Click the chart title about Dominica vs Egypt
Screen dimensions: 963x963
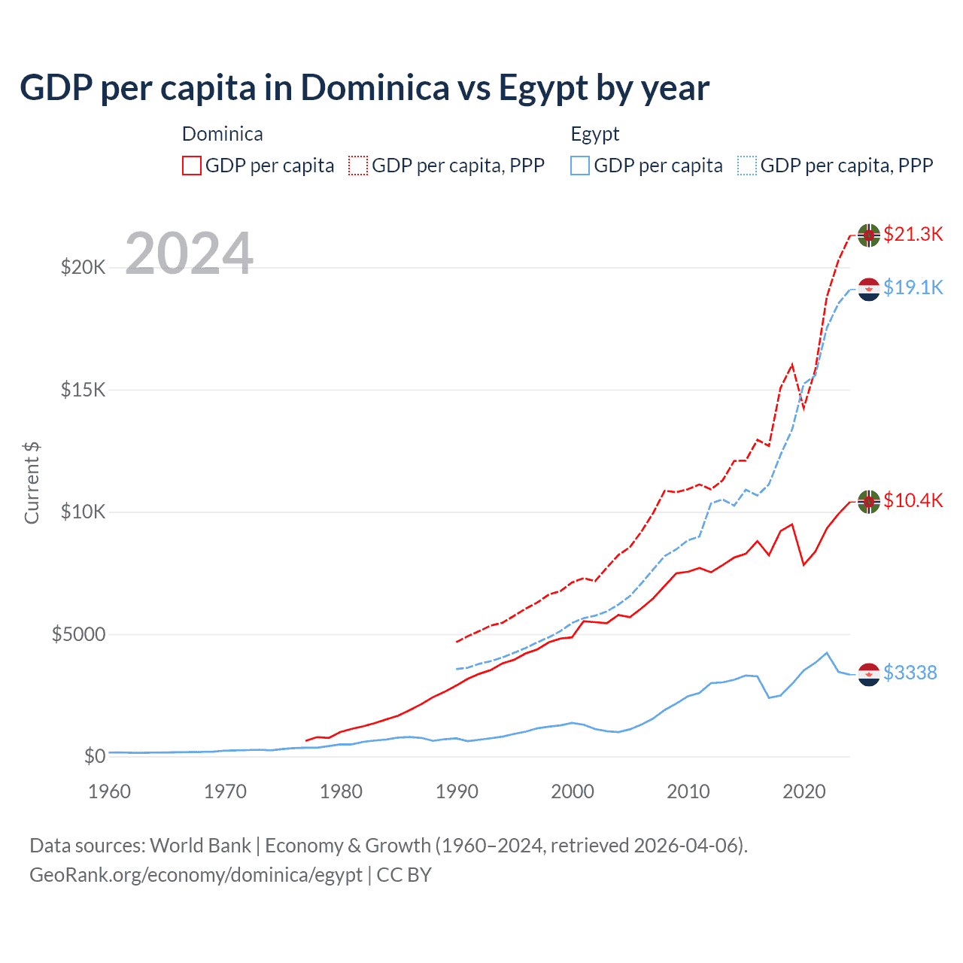tap(364, 88)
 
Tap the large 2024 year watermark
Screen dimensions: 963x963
tap(189, 254)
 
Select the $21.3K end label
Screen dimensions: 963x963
tap(913, 234)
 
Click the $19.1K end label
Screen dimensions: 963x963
tap(913, 287)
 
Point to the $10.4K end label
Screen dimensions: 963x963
tap(913, 500)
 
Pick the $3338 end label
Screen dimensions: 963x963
tap(910, 673)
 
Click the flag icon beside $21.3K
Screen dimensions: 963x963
tap(869, 235)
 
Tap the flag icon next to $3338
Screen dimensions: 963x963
tap(869, 674)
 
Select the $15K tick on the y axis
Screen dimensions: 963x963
tap(84, 390)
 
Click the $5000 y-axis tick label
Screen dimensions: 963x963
tap(79, 634)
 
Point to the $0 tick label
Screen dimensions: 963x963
tap(94, 756)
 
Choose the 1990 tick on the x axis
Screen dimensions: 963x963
tap(457, 791)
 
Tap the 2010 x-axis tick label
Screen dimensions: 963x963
tap(688, 791)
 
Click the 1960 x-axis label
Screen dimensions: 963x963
tap(110, 791)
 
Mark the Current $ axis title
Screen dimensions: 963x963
tap(32, 483)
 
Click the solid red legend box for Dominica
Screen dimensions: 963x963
tap(192, 166)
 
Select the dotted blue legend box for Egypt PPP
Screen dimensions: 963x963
tap(747, 166)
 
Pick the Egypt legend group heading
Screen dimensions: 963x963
tap(594, 134)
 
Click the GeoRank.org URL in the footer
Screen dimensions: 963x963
tap(196, 875)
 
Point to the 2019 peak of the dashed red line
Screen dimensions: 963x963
tap(791, 365)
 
